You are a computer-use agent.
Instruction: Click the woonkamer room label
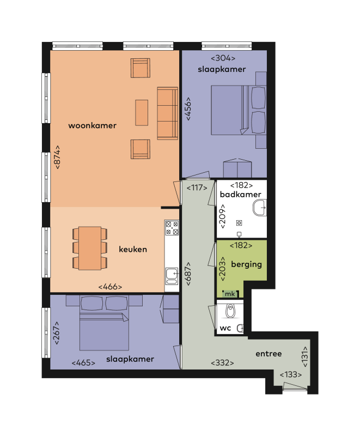(x=93, y=125)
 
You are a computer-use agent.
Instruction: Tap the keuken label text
(x=133, y=249)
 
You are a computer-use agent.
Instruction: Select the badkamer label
(x=240, y=195)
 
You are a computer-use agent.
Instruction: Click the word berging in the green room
(x=247, y=264)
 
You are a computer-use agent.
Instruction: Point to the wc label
(x=226, y=329)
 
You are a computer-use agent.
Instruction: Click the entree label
(x=269, y=354)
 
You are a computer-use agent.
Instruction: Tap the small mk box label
(x=229, y=294)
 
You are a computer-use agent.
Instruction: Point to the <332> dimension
(x=223, y=362)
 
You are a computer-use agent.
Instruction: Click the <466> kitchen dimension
(x=110, y=287)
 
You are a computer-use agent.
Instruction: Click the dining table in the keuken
(x=90, y=248)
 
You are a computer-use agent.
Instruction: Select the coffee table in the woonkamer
(x=142, y=113)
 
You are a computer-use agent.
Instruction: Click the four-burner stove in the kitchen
(x=172, y=228)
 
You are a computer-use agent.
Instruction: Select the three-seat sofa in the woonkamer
(x=167, y=113)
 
